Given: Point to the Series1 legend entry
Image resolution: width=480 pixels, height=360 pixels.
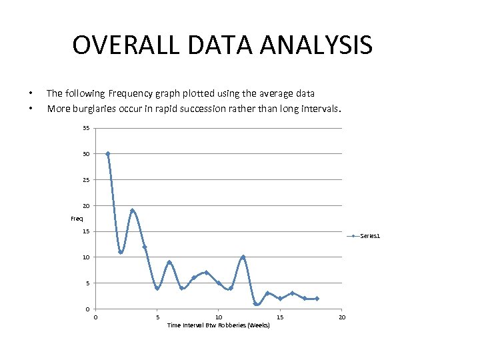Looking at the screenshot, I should pyautogui.click(x=369, y=236).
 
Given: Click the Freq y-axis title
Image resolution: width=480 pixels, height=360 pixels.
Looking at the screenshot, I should pyautogui.click(x=77, y=219).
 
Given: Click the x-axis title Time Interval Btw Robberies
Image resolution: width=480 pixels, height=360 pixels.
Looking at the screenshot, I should pyautogui.click(x=218, y=325).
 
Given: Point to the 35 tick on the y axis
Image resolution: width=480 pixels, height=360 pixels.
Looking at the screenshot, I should pyautogui.click(x=87, y=128).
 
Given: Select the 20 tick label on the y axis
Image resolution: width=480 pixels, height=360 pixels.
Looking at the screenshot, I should pyautogui.click(x=87, y=205).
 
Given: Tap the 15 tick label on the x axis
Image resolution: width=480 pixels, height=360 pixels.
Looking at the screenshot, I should pyautogui.click(x=280, y=317).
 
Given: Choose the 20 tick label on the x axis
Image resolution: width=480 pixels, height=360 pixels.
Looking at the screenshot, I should pyautogui.click(x=342, y=317).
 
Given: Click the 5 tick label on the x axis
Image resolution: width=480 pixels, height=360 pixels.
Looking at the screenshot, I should pyautogui.click(x=157, y=317).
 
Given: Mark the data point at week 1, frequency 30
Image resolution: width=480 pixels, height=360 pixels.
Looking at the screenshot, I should pyautogui.click(x=108, y=154).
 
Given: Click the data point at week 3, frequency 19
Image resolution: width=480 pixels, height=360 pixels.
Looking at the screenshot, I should pyautogui.click(x=133, y=211).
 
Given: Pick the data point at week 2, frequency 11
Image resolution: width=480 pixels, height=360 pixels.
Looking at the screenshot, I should pyautogui.click(x=121, y=252).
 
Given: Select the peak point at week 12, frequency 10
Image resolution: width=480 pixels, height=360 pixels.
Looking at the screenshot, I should pyautogui.click(x=243, y=257).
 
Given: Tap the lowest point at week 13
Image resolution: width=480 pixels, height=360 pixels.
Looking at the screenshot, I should pyautogui.click(x=256, y=304).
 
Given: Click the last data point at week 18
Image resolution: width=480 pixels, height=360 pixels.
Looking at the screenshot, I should pyautogui.click(x=317, y=299).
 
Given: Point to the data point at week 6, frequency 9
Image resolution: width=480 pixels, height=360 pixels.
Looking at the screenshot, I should pyautogui.click(x=169, y=263).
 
